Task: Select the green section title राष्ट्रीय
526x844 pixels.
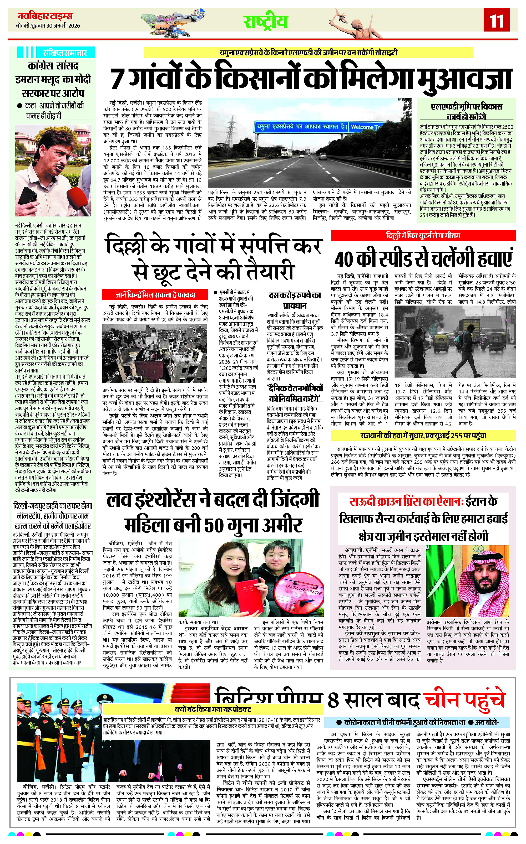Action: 265,22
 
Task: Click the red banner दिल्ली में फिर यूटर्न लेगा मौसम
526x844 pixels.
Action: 423,236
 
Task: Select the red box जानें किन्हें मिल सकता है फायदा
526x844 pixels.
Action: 155,295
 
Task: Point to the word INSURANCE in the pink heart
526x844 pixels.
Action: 303,590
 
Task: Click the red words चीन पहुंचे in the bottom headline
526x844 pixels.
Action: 463,700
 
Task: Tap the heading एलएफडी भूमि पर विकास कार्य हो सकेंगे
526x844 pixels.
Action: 466,111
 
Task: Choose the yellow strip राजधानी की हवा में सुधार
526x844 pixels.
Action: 423,435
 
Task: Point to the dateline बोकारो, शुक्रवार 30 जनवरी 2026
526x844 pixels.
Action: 48,25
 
